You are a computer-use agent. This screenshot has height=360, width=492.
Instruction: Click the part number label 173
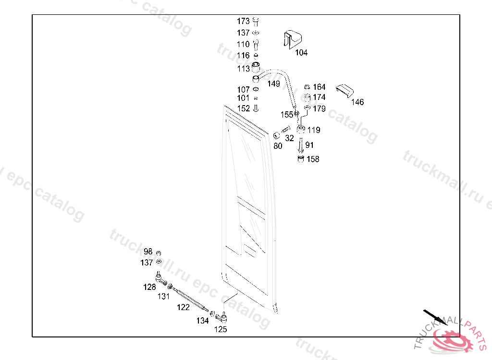pos(243,22)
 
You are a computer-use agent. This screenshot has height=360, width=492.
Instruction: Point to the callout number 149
pos(273,84)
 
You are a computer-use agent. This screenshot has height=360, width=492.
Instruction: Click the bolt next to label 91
pos(300,144)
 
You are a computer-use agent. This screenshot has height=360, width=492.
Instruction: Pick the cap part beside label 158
pos(301,158)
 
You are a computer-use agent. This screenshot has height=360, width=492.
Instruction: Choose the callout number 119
pos(314,130)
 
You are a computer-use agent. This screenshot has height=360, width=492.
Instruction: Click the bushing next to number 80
pos(277,135)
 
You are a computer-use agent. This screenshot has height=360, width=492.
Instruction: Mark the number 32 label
pos(289,138)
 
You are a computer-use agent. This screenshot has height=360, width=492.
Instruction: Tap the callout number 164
pos(319,87)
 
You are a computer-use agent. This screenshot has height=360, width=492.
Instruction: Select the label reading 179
pos(319,109)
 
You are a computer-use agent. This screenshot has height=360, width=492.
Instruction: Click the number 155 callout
pos(287,115)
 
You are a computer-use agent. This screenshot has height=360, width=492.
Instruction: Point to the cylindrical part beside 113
pos(257,67)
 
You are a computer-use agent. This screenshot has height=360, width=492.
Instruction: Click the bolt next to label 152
pos(256,108)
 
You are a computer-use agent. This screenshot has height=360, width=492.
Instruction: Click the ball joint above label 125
pos(223,316)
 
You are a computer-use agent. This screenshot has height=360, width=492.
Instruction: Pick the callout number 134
pos(202,321)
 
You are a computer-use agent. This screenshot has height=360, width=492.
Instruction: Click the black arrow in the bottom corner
pos(434,317)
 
